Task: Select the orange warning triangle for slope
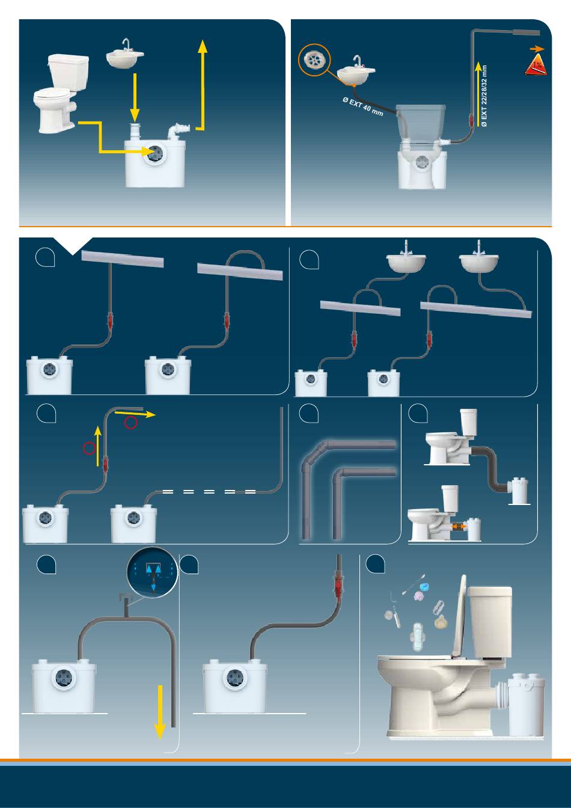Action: [536, 65]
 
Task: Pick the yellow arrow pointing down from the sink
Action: [135, 96]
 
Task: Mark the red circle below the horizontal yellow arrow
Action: [131, 423]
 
